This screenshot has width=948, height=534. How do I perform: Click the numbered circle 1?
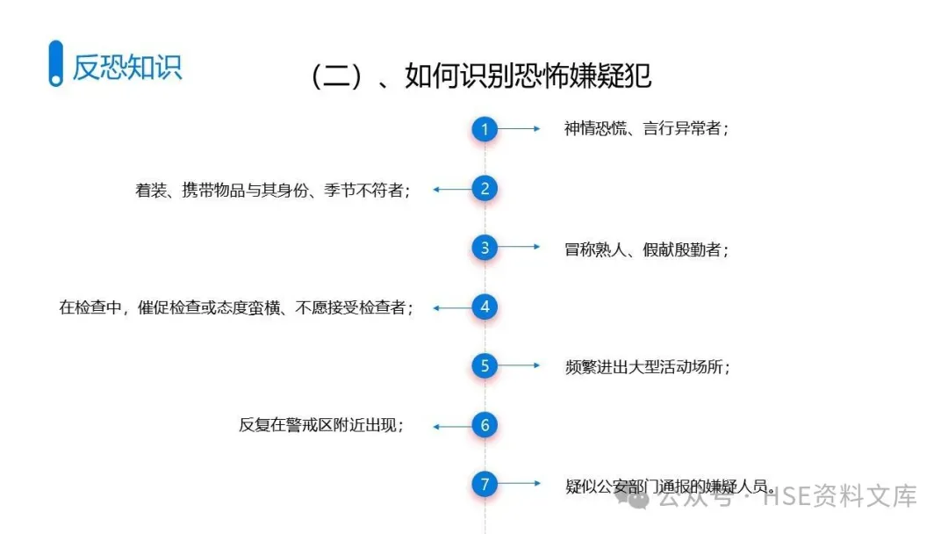tap(485, 129)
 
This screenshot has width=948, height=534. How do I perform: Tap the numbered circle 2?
tap(485, 189)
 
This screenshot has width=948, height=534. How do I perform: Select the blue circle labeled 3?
tap(485, 248)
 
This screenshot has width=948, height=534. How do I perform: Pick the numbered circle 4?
tap(485, 307)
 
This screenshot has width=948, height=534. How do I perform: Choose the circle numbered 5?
tap(485, 366)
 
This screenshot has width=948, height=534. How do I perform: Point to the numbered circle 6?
tap(485, 426)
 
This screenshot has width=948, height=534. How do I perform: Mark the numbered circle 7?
tap(485, 484)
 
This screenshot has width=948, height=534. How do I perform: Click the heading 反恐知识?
tap(127, 67)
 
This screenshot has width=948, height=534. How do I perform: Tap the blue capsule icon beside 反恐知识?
tap(56, 63)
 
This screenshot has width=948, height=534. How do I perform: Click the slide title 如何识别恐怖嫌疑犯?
tap(481, 76)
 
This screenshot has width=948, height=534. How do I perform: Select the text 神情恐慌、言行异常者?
tap(647, 129)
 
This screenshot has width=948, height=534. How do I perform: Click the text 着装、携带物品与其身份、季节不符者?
tap(273, 190)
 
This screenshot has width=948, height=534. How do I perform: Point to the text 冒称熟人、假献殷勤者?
tap(647, 249)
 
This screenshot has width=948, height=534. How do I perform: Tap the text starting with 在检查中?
tap(235, 308)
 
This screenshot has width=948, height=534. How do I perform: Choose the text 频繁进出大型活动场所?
tap(648, 367)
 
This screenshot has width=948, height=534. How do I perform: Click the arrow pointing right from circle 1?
tap(524, 129)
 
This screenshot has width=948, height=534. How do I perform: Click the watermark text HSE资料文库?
tap(839, 497)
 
